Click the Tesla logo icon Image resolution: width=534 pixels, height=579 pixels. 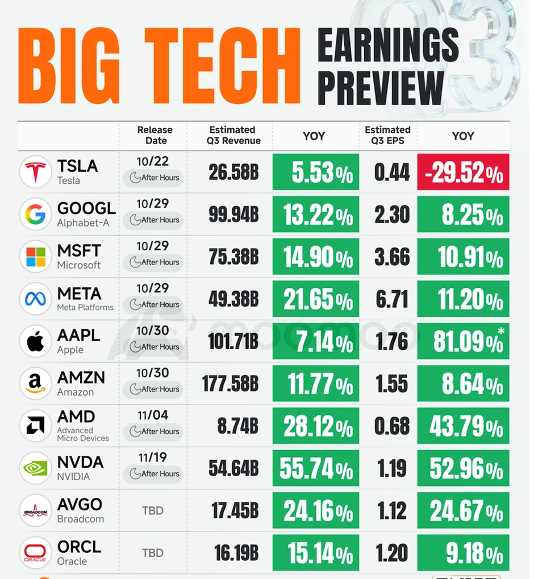click(x=35, y=172)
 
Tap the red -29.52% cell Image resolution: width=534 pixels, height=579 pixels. click(x=463, y=172)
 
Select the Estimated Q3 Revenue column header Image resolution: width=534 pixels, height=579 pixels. click(x=232, y=136)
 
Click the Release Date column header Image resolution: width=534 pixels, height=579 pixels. click(x=155, y=136)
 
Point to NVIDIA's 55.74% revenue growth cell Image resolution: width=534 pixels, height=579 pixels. click(x=316, y=468)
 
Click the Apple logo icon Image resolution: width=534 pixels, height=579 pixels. click(x=35, y=342)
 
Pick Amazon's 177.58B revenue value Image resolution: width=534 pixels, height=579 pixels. click(x=231, y=384)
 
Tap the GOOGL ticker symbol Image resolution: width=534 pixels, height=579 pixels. click(x=86, y=209)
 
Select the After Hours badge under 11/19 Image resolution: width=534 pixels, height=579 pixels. click(x=154, y=474)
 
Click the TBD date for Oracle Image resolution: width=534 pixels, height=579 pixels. click(x=152, y=553)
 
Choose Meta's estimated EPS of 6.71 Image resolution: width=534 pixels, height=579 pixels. click(x=392, y=300)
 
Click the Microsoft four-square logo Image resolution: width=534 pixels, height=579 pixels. click(x=35, y=257)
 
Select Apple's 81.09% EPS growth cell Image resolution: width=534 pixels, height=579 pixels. click(x=463, y=342)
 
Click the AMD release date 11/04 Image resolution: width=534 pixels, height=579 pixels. click(x=153, y=416)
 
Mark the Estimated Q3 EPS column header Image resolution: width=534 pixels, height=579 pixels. click(x=387, y=136)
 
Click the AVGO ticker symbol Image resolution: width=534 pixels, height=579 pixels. click(x=80, y=505)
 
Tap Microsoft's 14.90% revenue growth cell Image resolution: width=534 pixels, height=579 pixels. click(x=316, y=257)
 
